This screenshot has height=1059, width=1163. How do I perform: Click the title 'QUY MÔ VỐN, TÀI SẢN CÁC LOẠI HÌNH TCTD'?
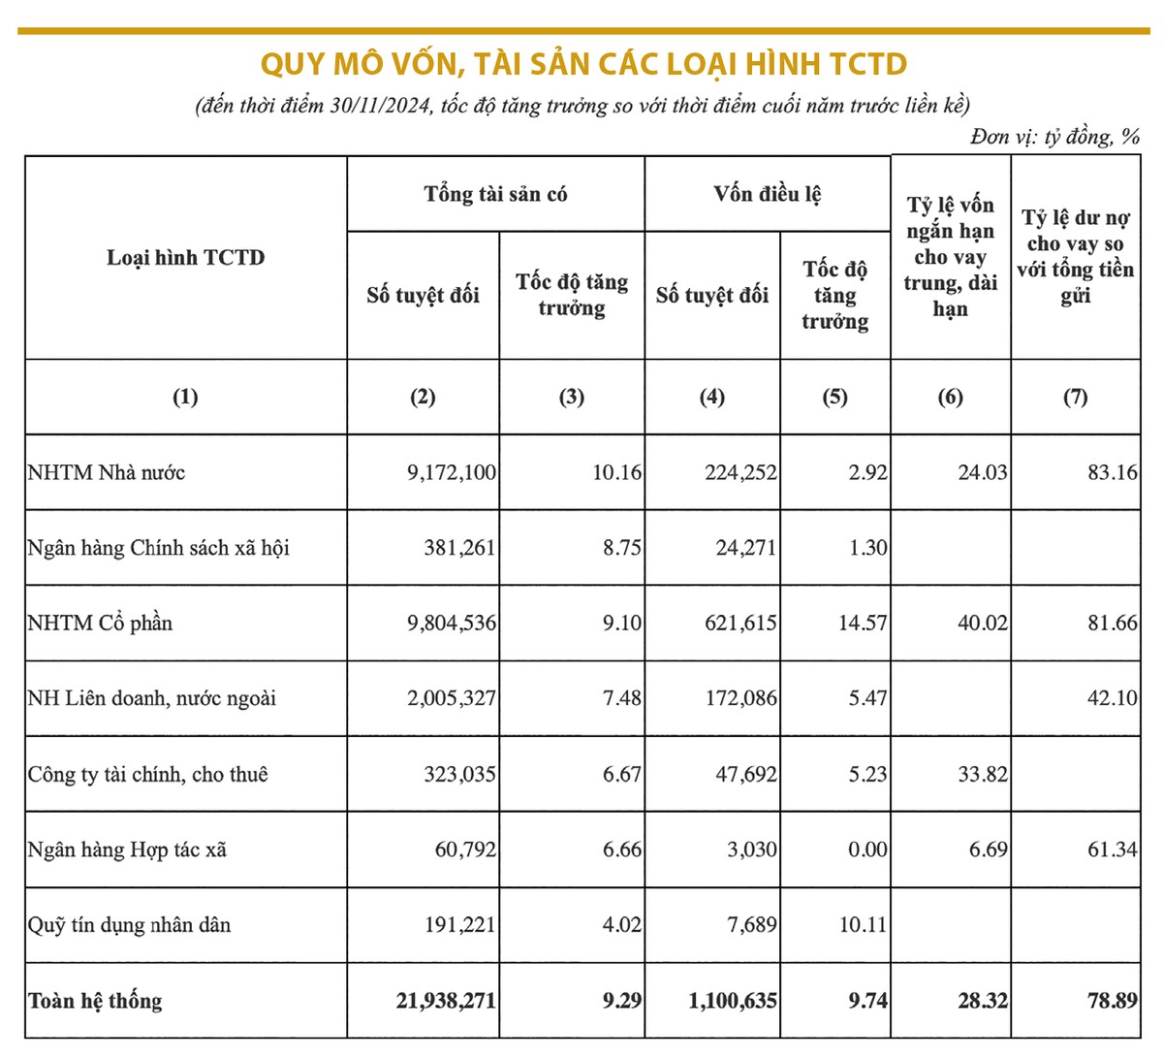click(583, 64)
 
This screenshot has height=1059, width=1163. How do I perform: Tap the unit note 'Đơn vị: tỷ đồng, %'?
click(1054, 137)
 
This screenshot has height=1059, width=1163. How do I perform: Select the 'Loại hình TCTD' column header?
click(185, 258)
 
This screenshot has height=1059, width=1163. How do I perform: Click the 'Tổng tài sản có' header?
click(495, 194)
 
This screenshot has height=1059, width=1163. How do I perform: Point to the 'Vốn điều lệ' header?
click(767, 194)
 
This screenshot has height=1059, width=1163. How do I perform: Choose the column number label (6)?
click(950, 397)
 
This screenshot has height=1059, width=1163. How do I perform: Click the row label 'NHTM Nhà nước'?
click(107, 473)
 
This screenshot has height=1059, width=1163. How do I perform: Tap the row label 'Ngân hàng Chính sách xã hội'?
click(158, 548)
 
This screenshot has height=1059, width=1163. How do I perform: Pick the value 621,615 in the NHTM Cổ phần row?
click(740, 623)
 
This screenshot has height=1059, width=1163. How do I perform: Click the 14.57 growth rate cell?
click(862, 623)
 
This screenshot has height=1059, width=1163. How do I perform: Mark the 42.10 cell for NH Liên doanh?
click(1112, 698)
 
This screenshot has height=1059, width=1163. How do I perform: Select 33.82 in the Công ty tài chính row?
click(982, 774)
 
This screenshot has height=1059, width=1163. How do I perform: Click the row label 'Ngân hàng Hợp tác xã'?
click(127, 850)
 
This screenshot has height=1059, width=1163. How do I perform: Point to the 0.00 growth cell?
click(866, 850)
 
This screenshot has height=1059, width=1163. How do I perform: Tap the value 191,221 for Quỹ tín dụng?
click(459, 925)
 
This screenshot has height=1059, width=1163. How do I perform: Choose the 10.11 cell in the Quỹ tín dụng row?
click(862, 925)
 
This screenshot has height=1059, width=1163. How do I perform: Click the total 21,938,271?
click(445, 1001)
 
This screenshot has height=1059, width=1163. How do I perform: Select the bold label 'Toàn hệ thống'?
click(95, 1001)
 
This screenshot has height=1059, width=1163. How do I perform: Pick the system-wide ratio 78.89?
click(1112, 1001)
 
